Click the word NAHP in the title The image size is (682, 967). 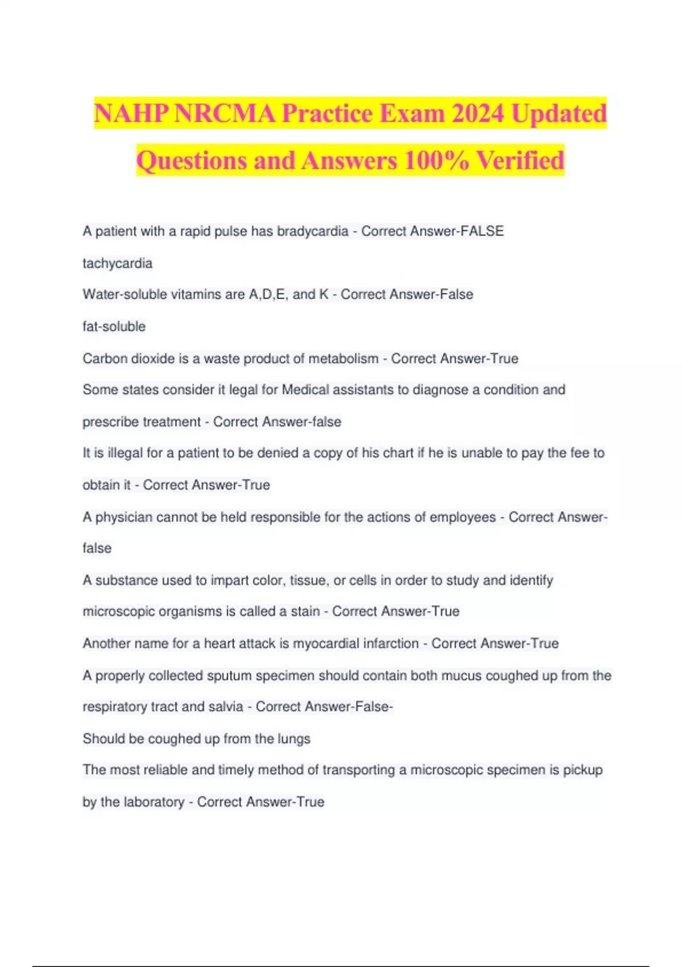[x=131, y=113]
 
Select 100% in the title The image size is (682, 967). [x=436, y=160]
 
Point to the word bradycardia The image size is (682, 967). [x=312, y=232]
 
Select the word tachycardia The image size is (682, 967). [x=117, y=263]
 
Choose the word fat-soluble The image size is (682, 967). [x=114, y=327]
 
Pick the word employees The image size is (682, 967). [x=462, y=517]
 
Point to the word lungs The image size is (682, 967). [x=294, y=739]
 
